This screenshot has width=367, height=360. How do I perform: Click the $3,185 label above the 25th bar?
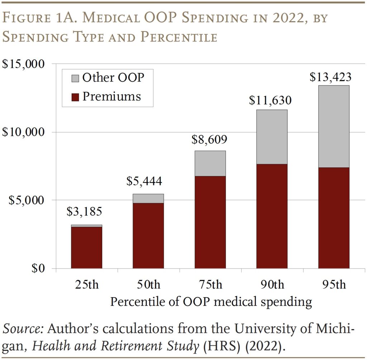pos(84,211)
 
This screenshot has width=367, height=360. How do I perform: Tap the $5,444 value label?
pos(144,181)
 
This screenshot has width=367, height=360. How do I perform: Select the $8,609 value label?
pos(210,139)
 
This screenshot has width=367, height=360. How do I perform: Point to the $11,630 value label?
pos(270,100)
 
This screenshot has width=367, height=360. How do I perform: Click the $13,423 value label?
pos(330,77)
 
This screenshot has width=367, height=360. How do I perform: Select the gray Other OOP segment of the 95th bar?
pos(333,126)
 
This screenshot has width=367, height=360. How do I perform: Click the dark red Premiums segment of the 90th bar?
pos(272,216)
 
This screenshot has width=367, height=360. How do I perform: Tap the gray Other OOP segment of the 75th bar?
pos(210,163)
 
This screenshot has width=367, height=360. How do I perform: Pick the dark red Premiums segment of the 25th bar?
pos(86,247)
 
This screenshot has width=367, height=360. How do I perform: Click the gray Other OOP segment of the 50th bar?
pos(148,198)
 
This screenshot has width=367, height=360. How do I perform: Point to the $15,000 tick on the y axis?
pos(23,64)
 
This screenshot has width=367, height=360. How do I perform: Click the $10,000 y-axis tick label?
pos(23,132)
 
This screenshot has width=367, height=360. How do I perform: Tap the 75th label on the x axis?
pos(210,285)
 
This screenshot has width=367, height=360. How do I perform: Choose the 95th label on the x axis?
pos(333,285)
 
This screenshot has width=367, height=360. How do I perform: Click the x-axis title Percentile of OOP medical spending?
pos(210,302)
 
